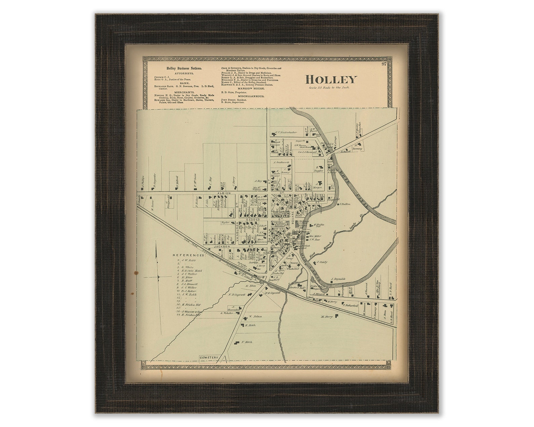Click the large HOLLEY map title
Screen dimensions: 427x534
pyautogui.click(x=331, y=80)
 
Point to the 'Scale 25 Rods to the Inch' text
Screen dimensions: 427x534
pyautogui.click(x=330, y=88)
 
